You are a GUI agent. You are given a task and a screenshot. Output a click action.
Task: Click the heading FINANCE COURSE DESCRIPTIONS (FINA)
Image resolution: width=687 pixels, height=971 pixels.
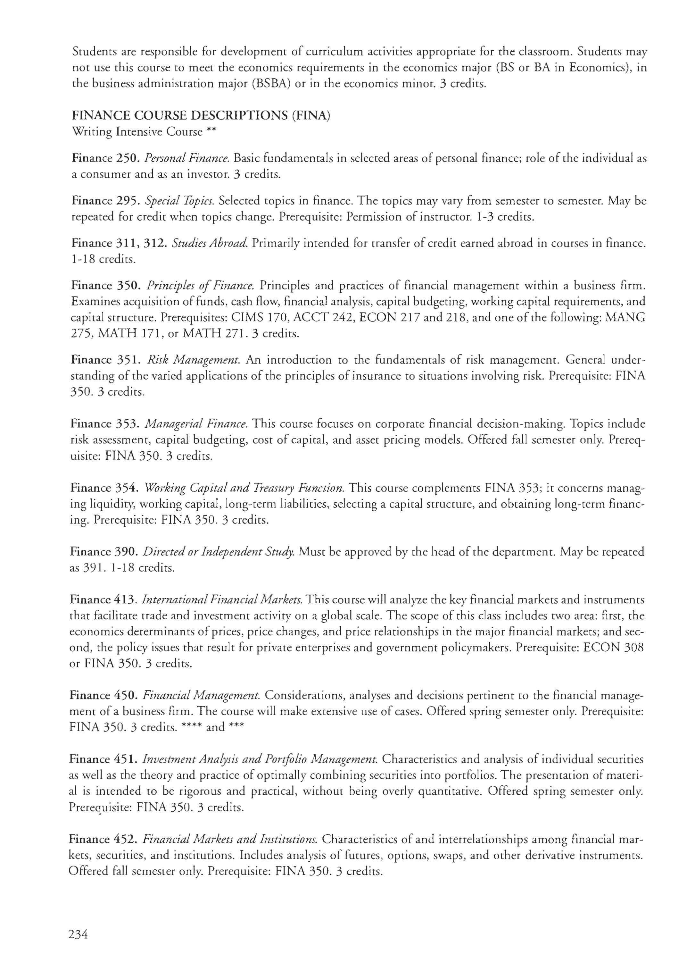point(201,116)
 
